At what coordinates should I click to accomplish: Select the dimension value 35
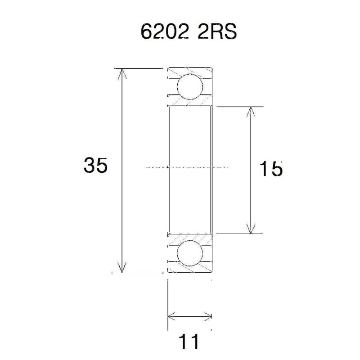click(x=95, y=166)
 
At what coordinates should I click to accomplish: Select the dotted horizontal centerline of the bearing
click(x=189, y=166)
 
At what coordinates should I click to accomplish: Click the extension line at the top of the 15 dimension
click(x=238, y=107)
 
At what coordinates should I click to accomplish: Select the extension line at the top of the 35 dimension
click(x=139, y=68)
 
